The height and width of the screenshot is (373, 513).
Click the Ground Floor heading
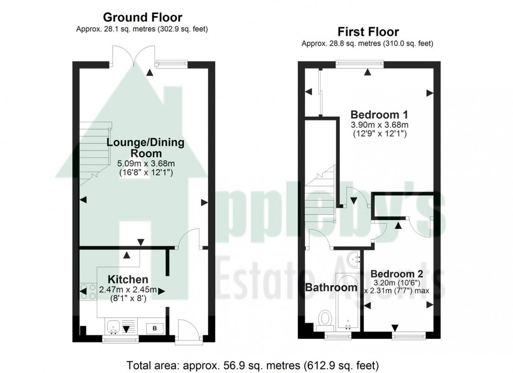pos(142,18)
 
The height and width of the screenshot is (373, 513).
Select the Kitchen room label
pos(128,279)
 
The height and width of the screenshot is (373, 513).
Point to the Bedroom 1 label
pos(379,114)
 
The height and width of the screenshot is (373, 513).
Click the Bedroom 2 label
pos(396,274)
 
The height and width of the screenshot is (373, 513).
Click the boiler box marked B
pos(154,328)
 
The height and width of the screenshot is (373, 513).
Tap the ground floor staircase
pos(95,152)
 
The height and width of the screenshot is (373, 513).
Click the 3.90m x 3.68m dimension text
pos(379,125)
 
